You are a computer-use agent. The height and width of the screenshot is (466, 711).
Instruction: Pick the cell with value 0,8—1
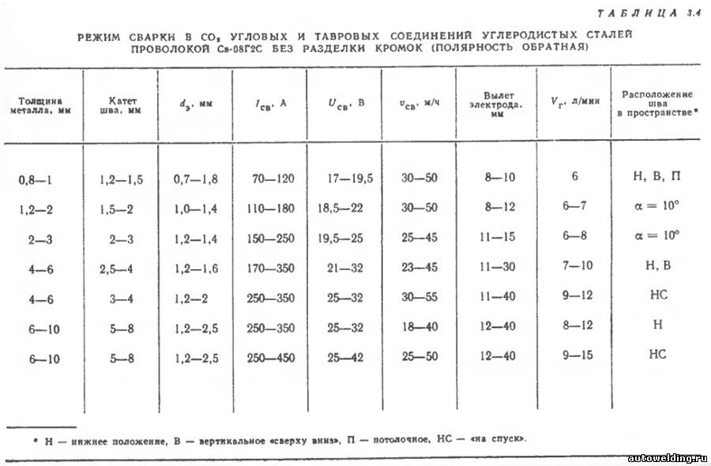pos(36,179)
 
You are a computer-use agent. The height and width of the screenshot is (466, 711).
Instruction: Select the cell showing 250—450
pos(269,357)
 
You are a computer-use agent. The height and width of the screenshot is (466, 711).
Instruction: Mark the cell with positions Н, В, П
pos(656,177)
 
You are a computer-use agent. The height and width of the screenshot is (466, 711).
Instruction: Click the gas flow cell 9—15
pos(577,355)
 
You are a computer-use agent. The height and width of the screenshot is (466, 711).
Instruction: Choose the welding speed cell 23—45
pos(419,269)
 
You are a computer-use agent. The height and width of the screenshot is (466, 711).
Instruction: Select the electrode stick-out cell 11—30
pos(498,267)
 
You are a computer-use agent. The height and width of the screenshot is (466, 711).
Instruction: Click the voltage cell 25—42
pos(345,357)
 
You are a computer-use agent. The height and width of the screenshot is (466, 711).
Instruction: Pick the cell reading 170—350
pos(269,269)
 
